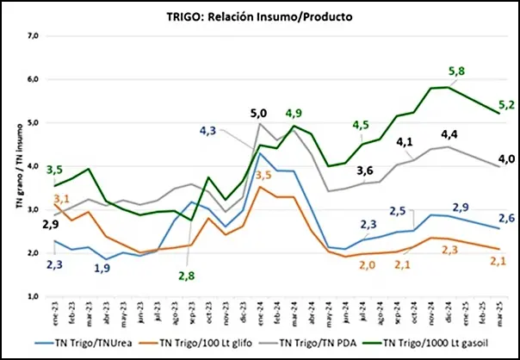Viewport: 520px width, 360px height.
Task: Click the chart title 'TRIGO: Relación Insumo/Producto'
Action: (x=259, y=16)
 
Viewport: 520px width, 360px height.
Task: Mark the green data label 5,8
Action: (x=457, y=71)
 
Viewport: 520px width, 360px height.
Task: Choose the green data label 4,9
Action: (x=294, y=114)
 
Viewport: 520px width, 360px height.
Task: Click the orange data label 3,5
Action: (x=263, y=175)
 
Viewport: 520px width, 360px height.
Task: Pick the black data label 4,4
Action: (x=449, y=135)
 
